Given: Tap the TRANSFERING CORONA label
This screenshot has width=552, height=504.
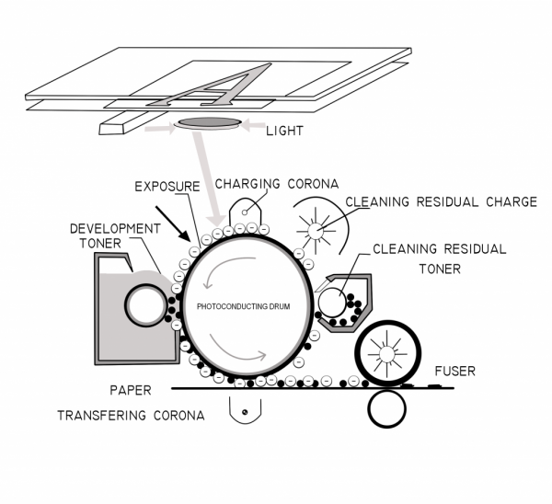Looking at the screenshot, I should point(130,415).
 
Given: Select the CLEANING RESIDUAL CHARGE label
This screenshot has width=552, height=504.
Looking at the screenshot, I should point(440,202).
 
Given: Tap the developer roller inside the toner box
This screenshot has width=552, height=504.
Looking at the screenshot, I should point(145,304).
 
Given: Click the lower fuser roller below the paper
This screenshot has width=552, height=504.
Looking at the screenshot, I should point(387,406).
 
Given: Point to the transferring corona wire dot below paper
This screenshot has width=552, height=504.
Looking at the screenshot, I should point(245,413).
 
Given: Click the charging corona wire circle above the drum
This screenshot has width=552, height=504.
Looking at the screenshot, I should point(245,212).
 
